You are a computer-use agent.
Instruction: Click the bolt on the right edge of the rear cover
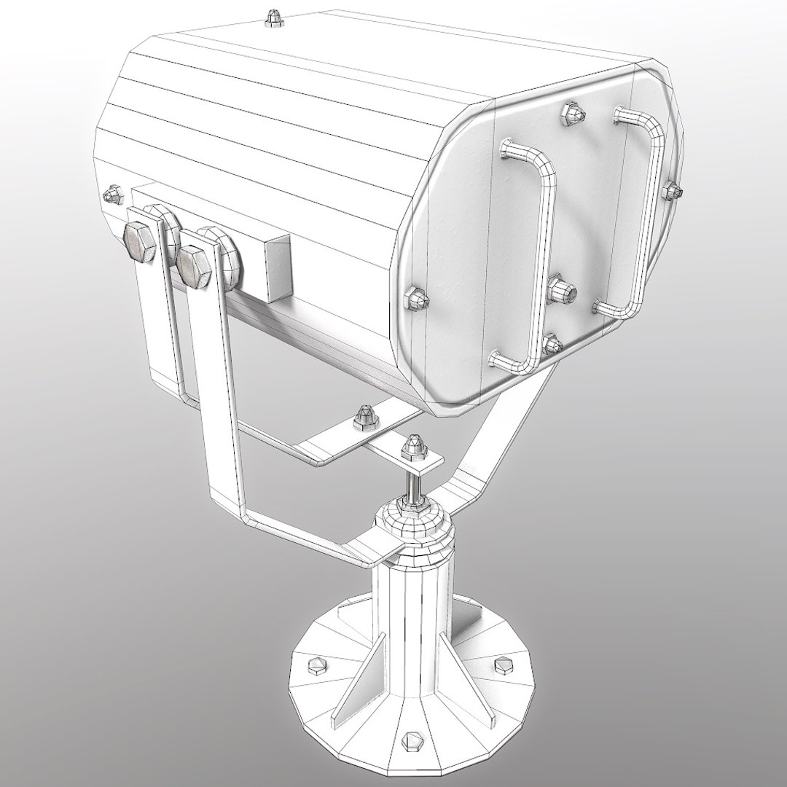[671, 191]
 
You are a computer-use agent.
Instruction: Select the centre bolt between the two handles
[563, 289]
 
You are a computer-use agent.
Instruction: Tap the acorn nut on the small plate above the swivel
[414, 445]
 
